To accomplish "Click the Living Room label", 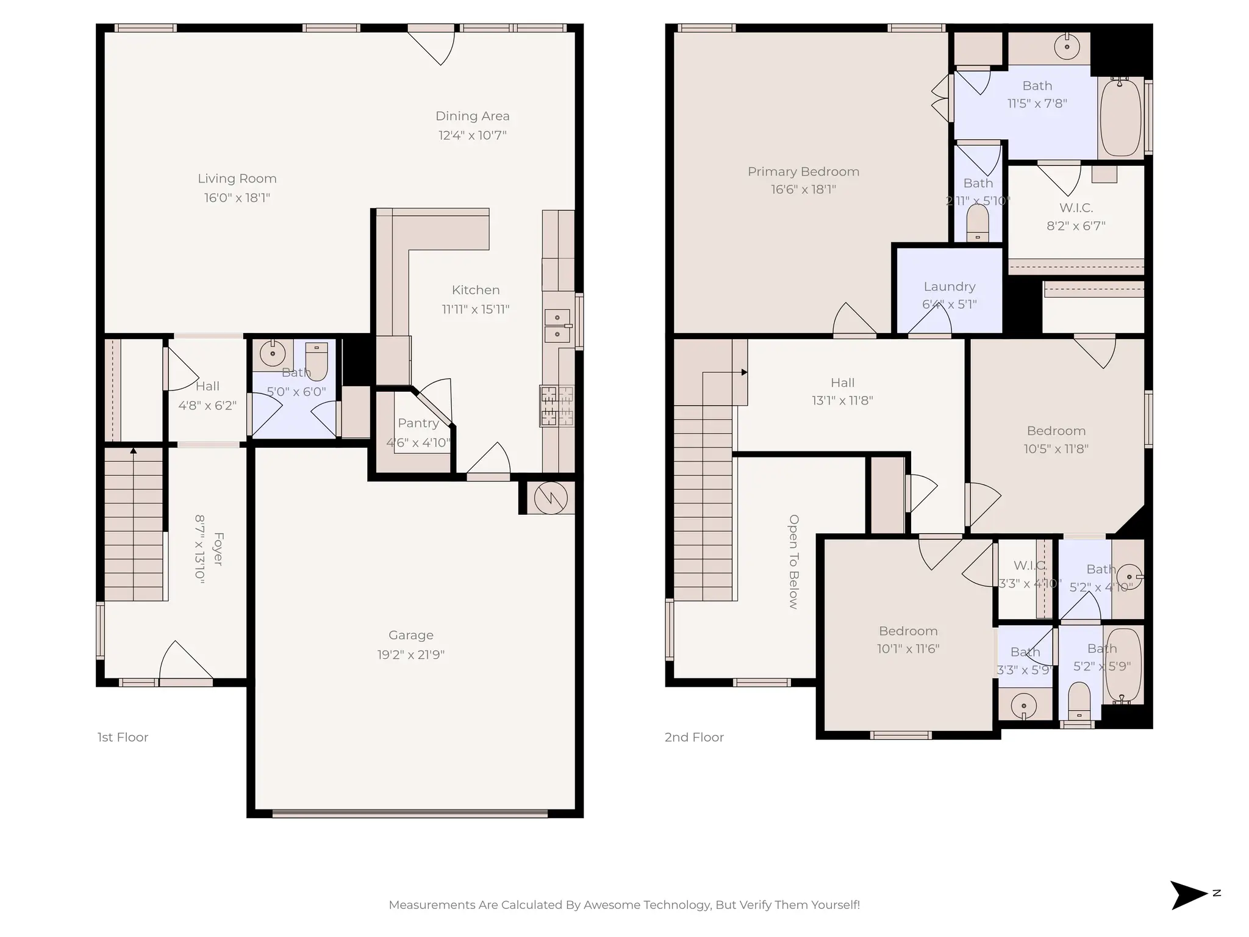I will click(x=237, y=179).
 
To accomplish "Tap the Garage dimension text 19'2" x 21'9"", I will click(x=410, y=655).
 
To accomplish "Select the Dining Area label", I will click(x=472, y=116).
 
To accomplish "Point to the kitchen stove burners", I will click(x=556, y=406).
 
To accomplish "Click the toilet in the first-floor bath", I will click(x=317, y=360).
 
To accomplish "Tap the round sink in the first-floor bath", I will click(x=272, y=353).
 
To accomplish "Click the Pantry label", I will click(x=418, y=423).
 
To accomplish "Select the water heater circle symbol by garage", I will click(x=551, y=498).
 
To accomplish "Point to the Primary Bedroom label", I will click(x=803, y=172).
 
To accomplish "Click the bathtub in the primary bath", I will click(x=1120, y=118).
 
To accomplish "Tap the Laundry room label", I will click(x=949, y=287).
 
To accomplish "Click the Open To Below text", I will click(x=793, y=562).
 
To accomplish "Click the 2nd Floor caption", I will click(x=694, y=738).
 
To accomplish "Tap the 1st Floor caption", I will click(x=123, y=738).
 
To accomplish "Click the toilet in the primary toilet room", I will click(x=978, y=223).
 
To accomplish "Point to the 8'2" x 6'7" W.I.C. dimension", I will click(x=1076, y=226).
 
